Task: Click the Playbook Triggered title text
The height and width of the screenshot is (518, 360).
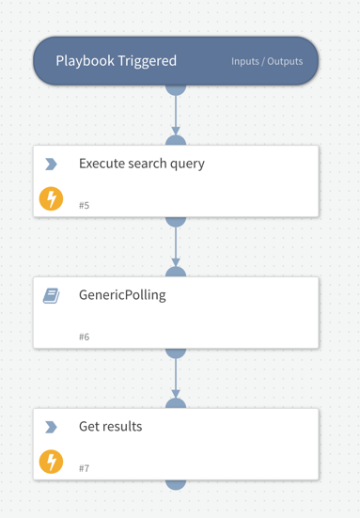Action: pyautogui.click(x=116, y=61)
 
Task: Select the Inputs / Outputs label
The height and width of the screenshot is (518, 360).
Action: pyautogui.click(x=267, y=62)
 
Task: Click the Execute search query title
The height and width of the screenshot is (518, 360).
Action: pyautogui.click(x=141, y=164)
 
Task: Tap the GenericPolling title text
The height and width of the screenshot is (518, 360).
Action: pyautogui.click(x=122, y=295)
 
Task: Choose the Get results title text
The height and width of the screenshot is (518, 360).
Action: pyautogui.click(x=110, y=427)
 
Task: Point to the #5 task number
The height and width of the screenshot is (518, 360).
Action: pyautogui.click(x=85, y=205)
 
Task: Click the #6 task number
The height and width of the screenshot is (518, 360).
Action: pyautogui.click(x=85, y=337)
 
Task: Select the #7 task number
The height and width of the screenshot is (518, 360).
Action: pyautogui.click(x=85, y=468)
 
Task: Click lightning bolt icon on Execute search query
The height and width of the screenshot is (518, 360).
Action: pyautogui.click(x=51, y=198)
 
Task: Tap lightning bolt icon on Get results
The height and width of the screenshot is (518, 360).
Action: pyautogui.click(x=51, y=462)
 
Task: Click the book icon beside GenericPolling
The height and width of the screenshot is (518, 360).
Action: pyautogui.click(x=51, y=295)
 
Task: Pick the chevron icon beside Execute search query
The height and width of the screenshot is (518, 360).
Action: pyautogui.click(x=51, y=164)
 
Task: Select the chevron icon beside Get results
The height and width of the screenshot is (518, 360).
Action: pyautogui.click(x=51, y=427)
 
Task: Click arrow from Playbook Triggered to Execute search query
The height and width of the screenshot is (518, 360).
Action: pyautogui.click(x=176, y=115)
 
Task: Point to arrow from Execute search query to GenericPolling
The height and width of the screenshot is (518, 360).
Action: pyautogui.click(x=176, y=246)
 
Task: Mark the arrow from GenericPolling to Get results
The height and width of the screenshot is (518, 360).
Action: pyautogui.click(x=176, y=378)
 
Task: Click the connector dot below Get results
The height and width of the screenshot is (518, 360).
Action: pyautogui.click(x=176, y=483)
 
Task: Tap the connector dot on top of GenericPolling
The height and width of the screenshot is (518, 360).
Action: pyautogui.click(x=176, y=274)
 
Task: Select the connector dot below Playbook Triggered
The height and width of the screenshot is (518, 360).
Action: pyautogui.click(x=176, y=88)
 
